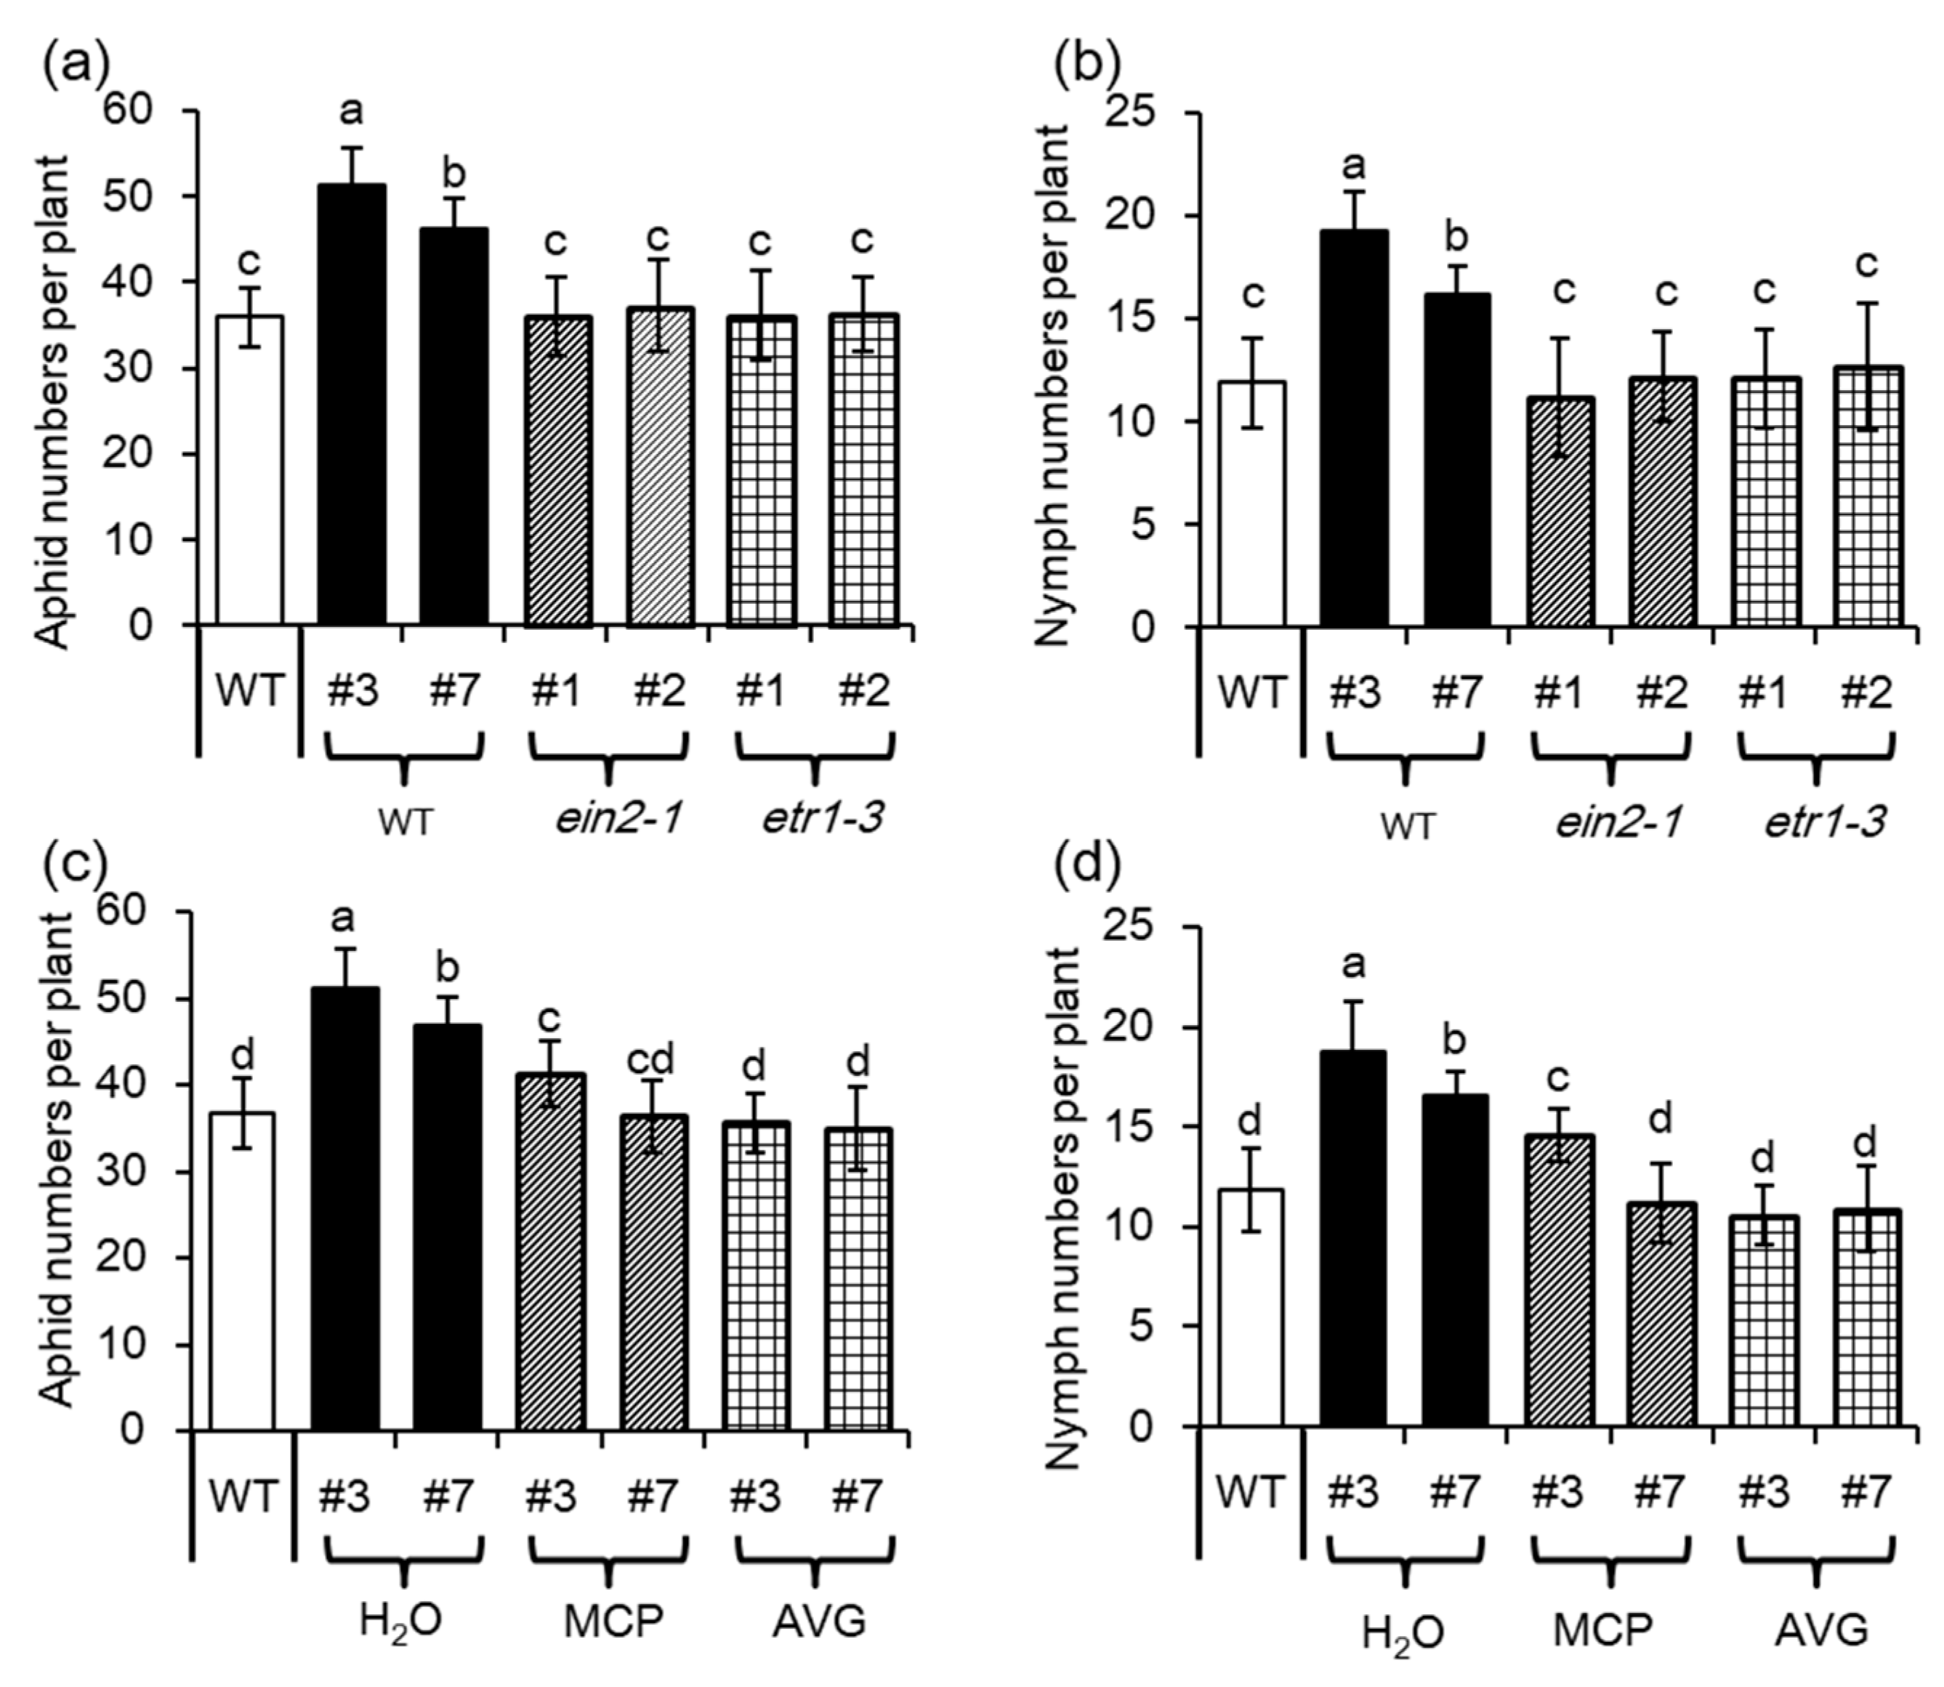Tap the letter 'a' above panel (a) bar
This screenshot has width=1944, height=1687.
[351, 113]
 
